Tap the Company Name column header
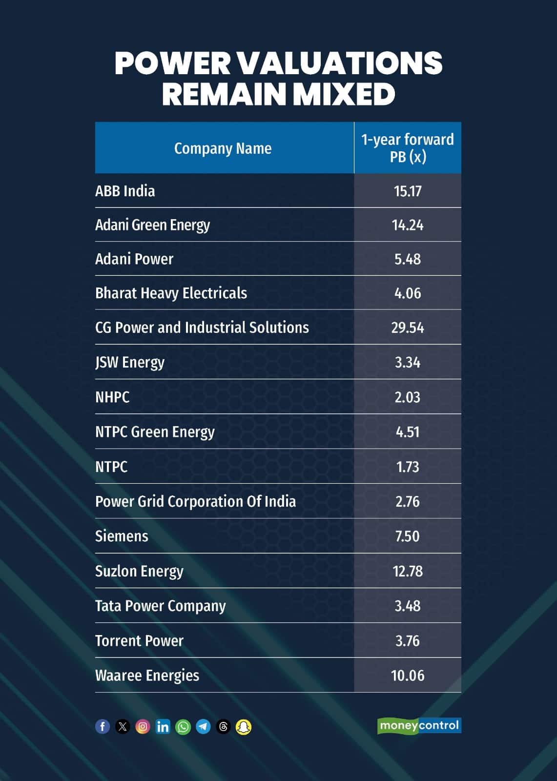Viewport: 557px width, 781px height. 223,148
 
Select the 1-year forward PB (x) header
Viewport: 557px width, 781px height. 408,148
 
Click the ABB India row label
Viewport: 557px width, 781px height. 125,191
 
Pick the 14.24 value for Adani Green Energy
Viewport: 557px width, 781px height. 408,225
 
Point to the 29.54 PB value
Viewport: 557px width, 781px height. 408,328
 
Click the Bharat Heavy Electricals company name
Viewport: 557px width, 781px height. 171,293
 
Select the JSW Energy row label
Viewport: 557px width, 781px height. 130,362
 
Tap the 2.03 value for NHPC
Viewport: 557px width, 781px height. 408,397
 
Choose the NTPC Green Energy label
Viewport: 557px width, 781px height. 155,432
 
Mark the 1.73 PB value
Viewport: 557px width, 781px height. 408,467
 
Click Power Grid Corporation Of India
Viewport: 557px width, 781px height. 195,502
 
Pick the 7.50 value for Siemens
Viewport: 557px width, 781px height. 408,536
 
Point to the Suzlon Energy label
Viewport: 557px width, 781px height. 139,571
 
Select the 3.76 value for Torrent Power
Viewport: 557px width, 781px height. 408,641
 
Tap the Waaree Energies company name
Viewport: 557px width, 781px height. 147,676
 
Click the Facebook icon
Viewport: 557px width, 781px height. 103,727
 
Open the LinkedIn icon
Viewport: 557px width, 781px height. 163,727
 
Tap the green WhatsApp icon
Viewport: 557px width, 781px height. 183,727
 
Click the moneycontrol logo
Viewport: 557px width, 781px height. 419,726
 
